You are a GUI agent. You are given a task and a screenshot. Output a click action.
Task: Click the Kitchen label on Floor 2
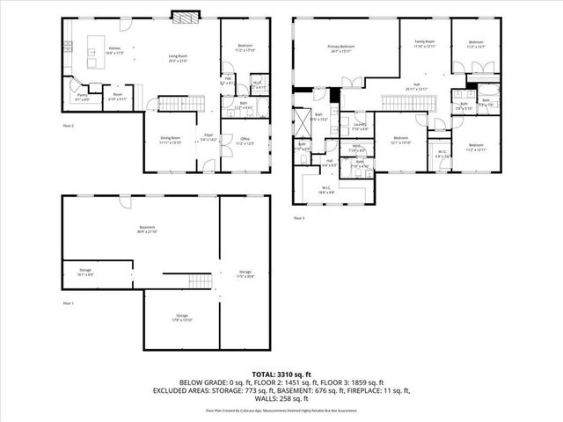(x=114, y=50)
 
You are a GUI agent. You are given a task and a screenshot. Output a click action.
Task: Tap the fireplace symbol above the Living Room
(x=183, y=16)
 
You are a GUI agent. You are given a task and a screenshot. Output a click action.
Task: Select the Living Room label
(x=179, y=58)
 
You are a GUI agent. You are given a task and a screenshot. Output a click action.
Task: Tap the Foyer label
(x=208, y=136)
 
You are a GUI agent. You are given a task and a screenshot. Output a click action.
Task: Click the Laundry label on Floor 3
(x=359, y=126)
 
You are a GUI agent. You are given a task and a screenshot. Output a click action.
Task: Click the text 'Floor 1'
(x=69, y=302)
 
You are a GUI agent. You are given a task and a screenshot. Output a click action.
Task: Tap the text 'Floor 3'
(x=300, y=217)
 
